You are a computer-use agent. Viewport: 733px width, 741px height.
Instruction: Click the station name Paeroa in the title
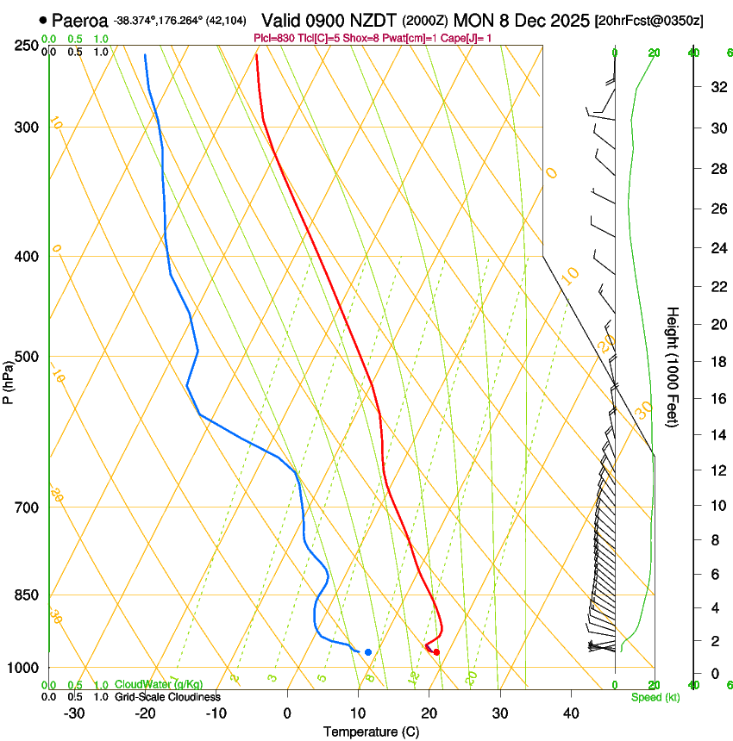click(x=79, y=20)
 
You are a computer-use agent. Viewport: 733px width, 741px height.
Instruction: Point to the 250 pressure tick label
click(x=25, y=46)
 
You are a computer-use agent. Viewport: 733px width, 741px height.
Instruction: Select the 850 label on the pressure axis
click(x=25, y=595)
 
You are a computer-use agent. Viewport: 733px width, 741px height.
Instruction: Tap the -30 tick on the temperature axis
click(x=74, y=713)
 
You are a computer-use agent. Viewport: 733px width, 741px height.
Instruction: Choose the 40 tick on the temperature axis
click(x=571, y=713)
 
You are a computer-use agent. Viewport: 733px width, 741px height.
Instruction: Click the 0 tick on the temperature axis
click(x=287, y=713)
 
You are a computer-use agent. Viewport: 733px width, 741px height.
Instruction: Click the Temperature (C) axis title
click(x=371, y=732)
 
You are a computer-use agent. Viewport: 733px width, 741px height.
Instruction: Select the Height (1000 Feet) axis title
click(x=673, y=366)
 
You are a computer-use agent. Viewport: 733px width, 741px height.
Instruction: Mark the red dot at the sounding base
click(x=436, y=652)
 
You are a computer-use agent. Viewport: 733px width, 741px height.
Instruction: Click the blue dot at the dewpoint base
click(x=368, y=652)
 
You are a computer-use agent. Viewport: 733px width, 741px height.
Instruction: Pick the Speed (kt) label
click(x=655, y=697)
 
